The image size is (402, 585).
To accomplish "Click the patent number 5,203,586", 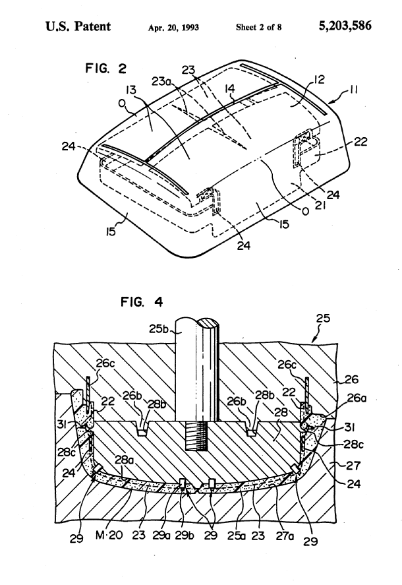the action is coord(345,26).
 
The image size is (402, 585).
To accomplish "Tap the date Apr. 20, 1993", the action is coord(173,28).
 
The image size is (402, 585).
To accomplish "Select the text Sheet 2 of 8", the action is coord(258,27).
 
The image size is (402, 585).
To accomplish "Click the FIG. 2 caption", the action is coord(106,69).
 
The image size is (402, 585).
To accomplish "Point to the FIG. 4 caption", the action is coord(142,301).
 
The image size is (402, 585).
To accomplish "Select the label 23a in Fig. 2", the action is coord(161,81).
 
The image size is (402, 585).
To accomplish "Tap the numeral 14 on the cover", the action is coord(230,88).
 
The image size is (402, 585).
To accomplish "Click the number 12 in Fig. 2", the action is coord(319,79).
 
